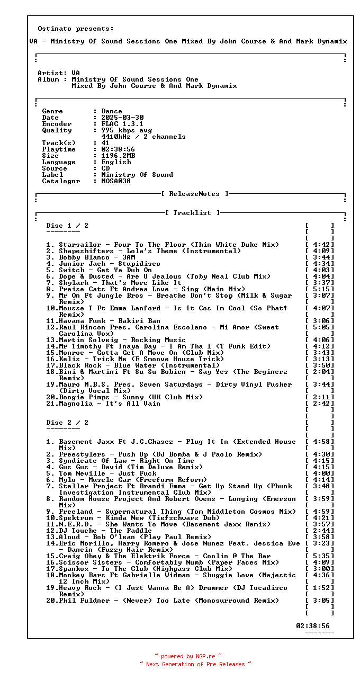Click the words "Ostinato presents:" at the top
[76, 29]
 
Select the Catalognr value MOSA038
[116, 181]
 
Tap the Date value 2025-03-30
[122, 118]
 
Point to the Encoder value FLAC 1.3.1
[122, 124]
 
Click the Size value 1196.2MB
[118, 156]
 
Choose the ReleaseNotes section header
[195, 194]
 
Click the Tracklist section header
[192, 213]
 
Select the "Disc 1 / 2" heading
[67, 226]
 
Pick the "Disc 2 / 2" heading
[67, 423]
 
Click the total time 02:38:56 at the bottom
[312, 626]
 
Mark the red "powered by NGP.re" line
[188, 656]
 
